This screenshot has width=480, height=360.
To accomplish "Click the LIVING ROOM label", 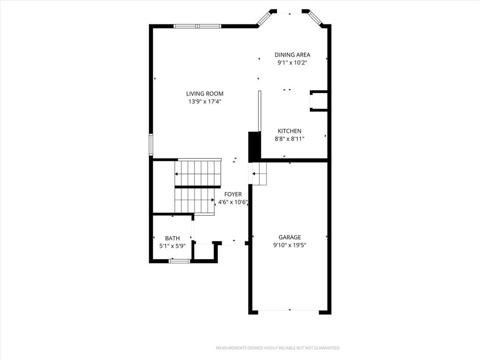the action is pos(205,94).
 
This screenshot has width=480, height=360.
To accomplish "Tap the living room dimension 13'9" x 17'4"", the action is pos(205,102).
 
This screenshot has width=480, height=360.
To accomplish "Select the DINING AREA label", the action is pos(292,55).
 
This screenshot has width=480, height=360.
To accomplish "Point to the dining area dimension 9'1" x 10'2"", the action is pos(292,63).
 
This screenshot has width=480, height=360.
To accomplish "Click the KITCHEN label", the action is pos(290,131).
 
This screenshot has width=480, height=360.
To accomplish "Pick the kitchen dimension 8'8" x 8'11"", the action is pos(290,139).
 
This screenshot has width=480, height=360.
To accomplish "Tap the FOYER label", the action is pos(233,195).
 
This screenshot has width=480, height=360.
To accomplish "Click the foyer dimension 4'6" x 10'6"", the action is pos(233,202).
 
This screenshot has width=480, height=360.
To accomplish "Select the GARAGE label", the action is pos(290,237).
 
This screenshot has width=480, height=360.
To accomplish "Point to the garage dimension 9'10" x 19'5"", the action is pos(290,245).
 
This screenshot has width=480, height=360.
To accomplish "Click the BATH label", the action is pos(172,238).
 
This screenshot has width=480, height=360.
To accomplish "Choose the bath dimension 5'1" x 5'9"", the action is pos(172,246).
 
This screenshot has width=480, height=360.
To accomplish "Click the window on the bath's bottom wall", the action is pos(180,261).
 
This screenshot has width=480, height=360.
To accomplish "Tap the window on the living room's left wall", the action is pos(151,144).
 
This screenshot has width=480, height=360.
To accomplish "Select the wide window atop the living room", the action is pos(197,26).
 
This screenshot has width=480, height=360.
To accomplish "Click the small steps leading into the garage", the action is pos(259,173).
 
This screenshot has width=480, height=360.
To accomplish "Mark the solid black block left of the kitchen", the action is pos(254,147).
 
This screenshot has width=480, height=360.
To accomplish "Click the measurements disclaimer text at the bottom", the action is pos(278,348).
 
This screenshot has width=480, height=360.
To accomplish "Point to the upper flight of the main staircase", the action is pos(198,172).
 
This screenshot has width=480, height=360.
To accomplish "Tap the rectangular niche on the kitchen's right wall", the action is pos(319,101).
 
